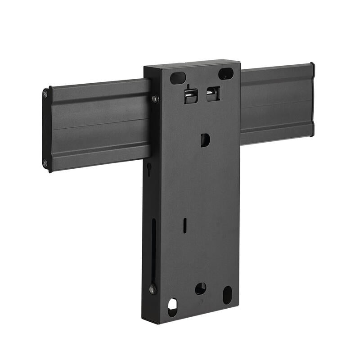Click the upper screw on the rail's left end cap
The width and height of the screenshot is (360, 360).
(45, 94)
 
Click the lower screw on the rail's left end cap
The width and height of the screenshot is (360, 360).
(45, 163)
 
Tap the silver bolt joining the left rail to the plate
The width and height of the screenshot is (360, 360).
(154, 99)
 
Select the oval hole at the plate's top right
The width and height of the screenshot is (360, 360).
(225, 73)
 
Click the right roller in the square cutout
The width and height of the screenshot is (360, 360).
(211, 93)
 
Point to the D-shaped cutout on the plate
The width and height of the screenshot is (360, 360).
(205, 140)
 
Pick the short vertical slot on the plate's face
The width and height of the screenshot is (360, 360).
(185, 225)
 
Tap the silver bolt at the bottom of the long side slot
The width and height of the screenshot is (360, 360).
(152, 288)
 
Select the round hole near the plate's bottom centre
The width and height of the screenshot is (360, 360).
(200, 288)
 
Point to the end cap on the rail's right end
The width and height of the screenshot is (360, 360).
(312, 100)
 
